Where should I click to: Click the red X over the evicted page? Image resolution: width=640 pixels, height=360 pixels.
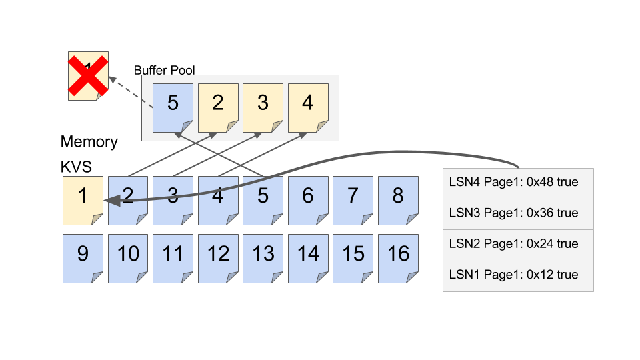point(88,76)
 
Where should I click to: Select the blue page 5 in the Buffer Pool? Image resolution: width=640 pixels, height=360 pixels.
point(173,107)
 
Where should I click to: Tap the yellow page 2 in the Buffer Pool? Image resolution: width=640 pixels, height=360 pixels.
point(218,107)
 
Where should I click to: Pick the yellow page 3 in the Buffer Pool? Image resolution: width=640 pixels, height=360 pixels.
point(263,107)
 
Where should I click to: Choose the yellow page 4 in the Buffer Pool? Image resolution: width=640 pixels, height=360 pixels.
point(307,107)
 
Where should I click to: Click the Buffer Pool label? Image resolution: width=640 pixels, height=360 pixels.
point(164,70)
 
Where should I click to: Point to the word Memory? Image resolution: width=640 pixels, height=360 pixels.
point(89,142)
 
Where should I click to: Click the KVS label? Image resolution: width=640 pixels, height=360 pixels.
point(75,166)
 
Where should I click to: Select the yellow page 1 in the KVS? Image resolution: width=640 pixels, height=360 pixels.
point(83,199)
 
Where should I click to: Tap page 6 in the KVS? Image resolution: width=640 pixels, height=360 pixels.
point(308,199)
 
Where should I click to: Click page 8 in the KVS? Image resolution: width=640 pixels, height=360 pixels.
point(398,199)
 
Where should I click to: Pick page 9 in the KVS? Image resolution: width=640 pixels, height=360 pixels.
point(83,257)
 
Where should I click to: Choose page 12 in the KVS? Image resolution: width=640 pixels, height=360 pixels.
point(218,257)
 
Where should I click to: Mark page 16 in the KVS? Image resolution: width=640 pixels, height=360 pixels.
point(398,257)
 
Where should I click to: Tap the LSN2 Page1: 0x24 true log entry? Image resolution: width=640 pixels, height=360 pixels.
point(518,245)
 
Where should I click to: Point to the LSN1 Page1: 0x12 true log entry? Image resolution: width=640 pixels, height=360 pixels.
point(518,275)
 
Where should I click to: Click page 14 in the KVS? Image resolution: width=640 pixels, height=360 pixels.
point(308,257)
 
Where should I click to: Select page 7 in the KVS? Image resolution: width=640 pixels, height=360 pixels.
point(353,199)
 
